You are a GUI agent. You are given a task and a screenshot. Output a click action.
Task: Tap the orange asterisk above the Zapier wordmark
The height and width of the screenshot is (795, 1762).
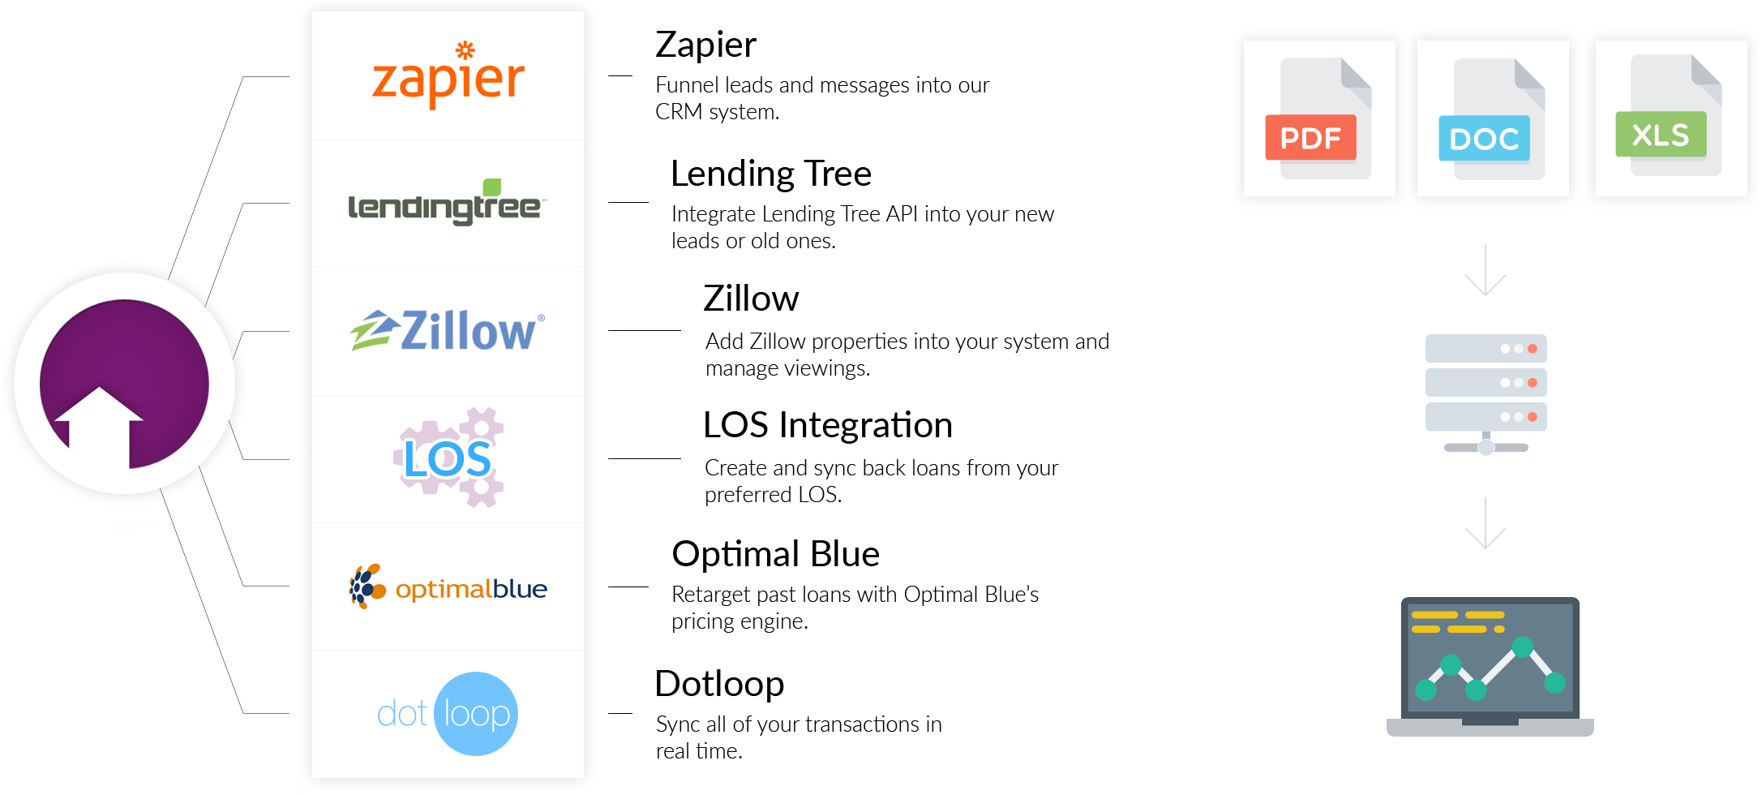point(465,50)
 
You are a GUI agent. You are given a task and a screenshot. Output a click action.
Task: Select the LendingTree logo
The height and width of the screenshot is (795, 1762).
point(447,205)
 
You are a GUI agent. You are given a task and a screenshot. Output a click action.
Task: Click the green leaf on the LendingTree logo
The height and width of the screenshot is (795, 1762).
point(492,187)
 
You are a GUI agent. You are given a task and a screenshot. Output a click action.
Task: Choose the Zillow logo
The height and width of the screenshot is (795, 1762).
point(448,331)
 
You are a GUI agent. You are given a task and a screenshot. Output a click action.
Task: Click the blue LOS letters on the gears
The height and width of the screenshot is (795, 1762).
point(447,459)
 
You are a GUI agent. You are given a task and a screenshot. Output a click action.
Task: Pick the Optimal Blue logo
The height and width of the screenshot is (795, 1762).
point(448,587)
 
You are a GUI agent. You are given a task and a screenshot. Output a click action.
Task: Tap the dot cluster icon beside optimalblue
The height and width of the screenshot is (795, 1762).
point(367,587)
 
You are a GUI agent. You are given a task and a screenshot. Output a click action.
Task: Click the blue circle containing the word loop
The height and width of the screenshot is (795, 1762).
point(477,714)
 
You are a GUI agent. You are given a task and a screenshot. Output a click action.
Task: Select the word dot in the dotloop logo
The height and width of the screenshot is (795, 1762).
point(402,715)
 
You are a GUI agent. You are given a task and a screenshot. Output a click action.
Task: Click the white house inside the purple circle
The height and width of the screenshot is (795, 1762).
point(99,422)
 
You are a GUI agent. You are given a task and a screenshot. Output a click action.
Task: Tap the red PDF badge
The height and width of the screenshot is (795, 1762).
point(1310,138)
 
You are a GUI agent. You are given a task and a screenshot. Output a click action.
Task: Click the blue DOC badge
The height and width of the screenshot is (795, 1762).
point(1484,139)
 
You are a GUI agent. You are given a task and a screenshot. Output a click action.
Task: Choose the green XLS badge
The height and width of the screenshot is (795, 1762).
point(1660,135)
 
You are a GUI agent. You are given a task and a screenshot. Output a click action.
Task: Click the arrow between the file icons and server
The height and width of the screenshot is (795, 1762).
point(1485,271)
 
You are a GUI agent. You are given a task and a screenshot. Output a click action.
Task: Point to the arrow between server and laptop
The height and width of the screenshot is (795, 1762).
point(1485,524)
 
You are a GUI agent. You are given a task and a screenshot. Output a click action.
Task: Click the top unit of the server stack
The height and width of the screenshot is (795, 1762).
point(1485,349)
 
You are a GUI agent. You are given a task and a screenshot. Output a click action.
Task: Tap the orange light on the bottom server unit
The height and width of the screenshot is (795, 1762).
point(1532,417)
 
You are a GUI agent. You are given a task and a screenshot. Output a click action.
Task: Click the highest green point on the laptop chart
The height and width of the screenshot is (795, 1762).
point(1522,647)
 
